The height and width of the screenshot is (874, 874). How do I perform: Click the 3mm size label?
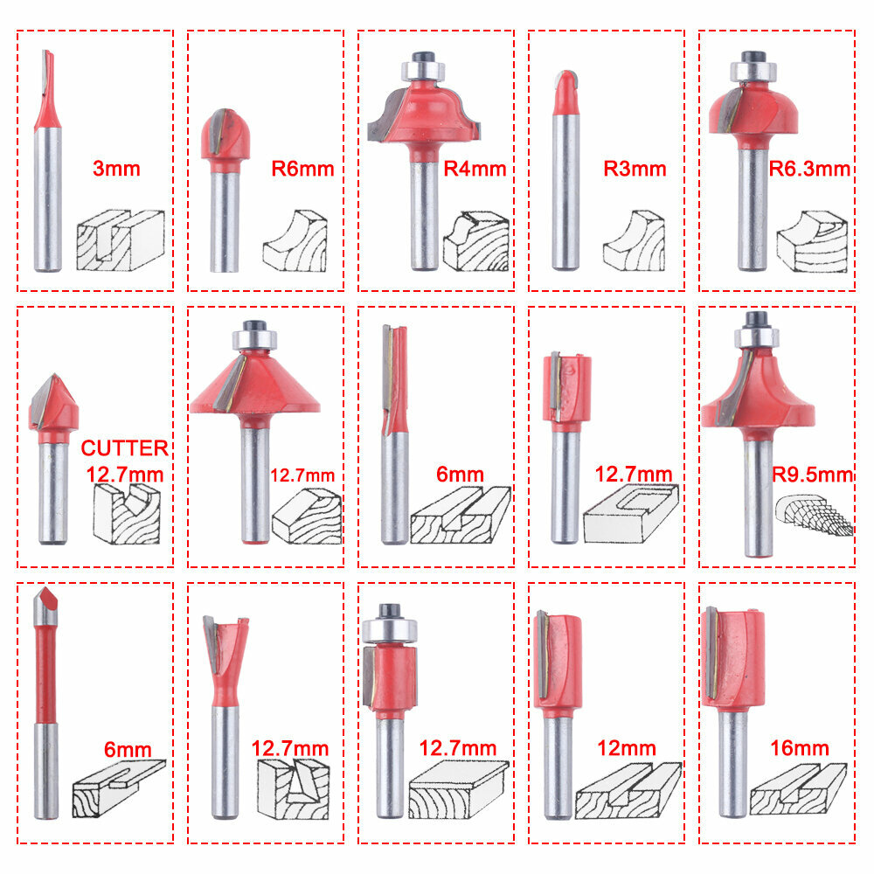(116, 169)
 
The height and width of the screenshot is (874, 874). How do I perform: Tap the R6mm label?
(302, 169)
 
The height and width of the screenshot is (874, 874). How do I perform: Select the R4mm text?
(475, 169)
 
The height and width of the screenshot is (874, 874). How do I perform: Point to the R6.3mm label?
(809, 169)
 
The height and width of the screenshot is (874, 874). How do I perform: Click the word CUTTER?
(124, 448)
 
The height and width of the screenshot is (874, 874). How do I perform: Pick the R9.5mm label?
(812, 475)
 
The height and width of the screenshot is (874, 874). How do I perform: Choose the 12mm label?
(627, 748)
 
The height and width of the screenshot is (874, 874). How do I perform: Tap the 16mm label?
(800, 748)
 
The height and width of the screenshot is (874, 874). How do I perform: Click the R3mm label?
(635, 169)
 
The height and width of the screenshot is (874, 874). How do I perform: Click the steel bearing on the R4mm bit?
(423, 71)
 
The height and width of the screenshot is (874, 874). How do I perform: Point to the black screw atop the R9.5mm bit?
(756, 319)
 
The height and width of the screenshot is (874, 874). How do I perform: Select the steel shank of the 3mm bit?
(47, 199)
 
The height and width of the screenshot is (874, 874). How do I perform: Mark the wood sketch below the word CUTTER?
(127, 514)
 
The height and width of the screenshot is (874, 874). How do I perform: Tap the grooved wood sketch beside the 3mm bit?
(121, 240)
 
